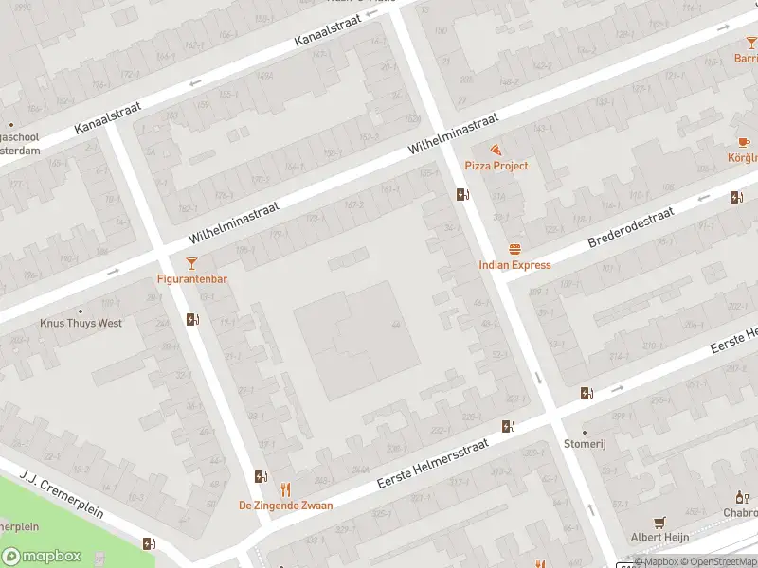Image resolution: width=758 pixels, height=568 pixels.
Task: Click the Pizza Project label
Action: pos(496,166)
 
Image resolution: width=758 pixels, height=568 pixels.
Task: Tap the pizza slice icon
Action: pos(496,151)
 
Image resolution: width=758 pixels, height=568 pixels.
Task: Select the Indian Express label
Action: pos(514,265)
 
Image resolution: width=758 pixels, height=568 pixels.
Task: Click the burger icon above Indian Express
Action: pos(514,250)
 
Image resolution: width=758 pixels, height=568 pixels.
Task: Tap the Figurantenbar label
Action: pos(192,279)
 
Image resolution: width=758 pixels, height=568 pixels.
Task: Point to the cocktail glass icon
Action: pos(192,263)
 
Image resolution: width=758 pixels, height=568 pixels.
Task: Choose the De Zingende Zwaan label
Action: pos(285,506)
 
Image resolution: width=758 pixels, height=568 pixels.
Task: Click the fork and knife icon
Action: pos(285,489)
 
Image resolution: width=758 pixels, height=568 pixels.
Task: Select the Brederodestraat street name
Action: pos(630,228)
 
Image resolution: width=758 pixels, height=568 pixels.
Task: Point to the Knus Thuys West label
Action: pos(81,323)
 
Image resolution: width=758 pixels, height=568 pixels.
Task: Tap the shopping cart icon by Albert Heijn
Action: pos(660,521)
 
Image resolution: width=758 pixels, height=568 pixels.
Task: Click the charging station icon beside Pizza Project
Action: pos(461,195)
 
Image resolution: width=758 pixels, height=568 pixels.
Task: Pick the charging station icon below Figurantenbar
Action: pos(192,319)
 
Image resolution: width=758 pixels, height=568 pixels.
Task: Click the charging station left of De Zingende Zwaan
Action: pos(260,477)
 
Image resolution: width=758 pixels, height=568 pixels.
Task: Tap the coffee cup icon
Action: pos(742,142)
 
